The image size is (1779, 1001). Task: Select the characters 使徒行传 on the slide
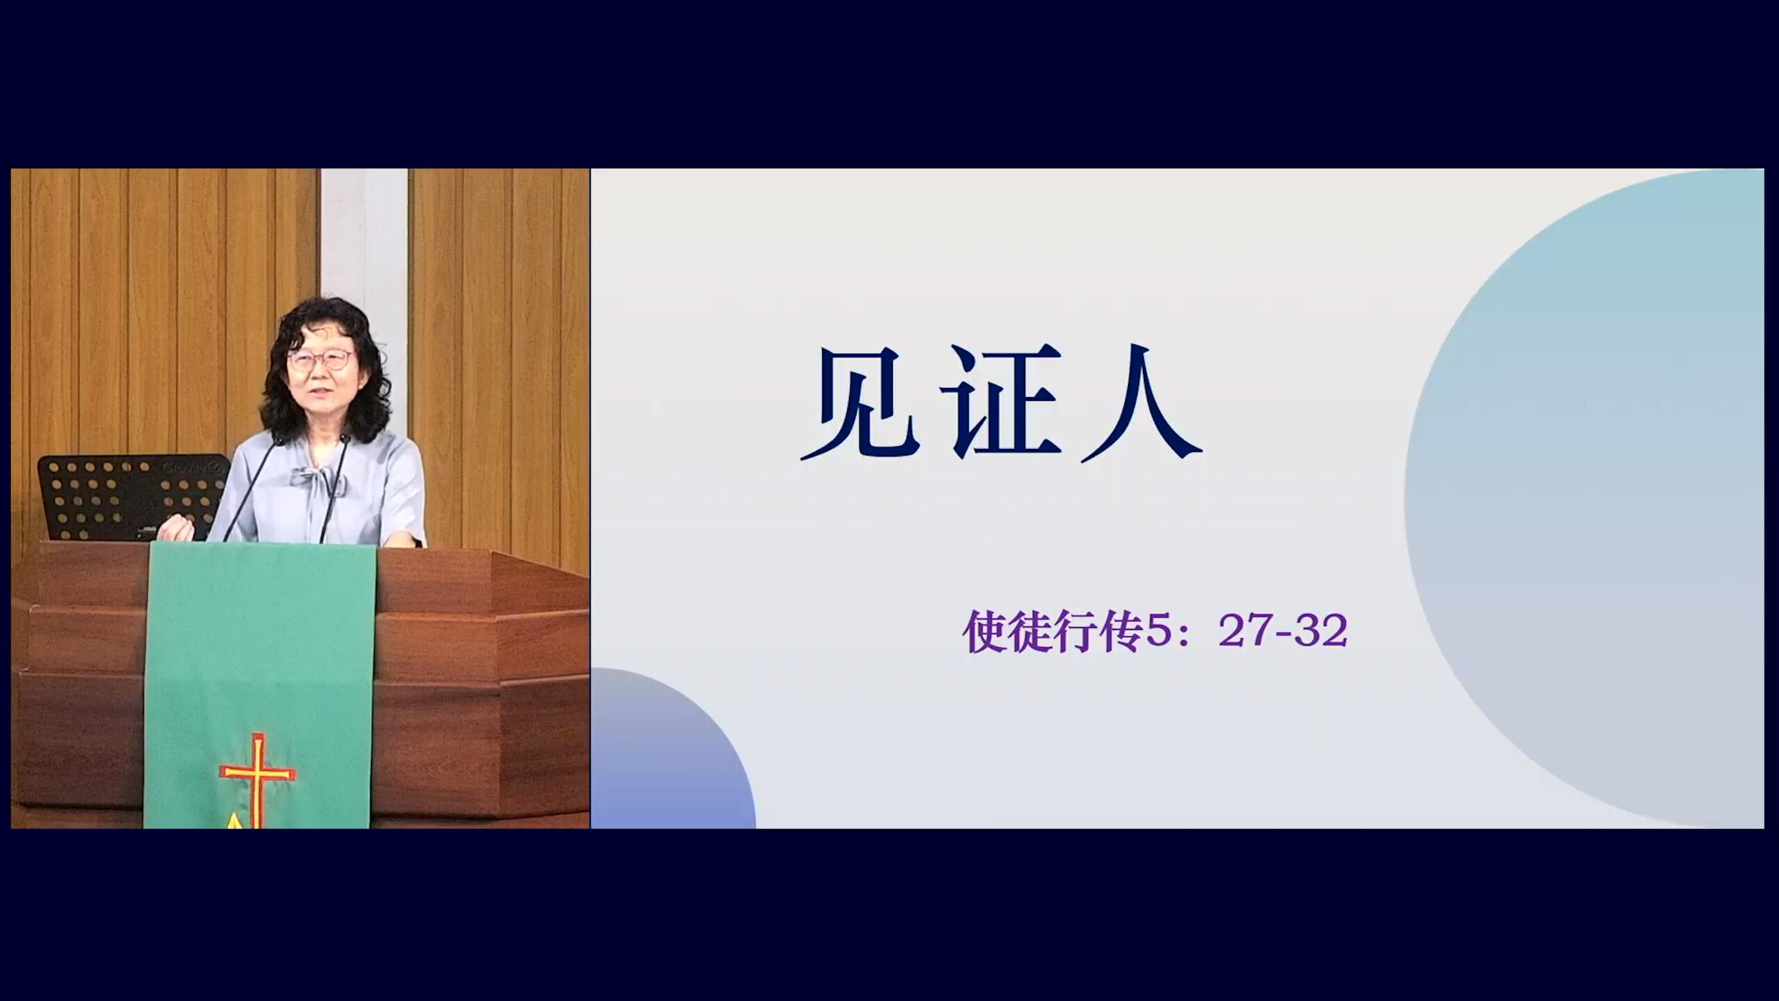coord(1053,632)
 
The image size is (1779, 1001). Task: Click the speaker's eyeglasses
coord(320,360)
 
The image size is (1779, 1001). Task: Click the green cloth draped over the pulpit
coord(259,685)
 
